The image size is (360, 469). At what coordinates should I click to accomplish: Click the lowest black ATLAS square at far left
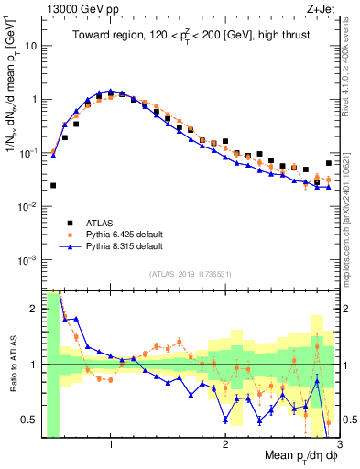[x=53, y=185]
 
